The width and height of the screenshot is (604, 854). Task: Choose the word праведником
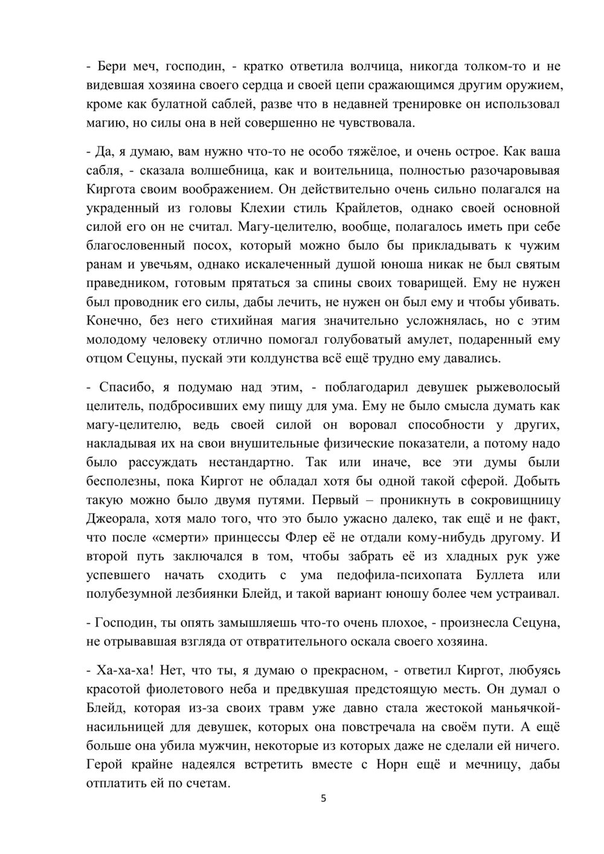click(124, 283)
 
